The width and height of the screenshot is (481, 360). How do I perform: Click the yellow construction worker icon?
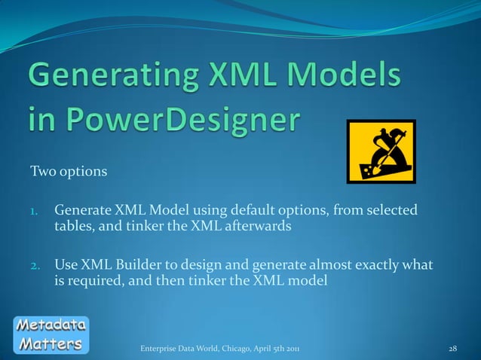coord(381,151)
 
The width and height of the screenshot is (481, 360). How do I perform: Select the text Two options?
coord(68,172)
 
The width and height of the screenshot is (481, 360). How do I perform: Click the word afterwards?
coord(257,226)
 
